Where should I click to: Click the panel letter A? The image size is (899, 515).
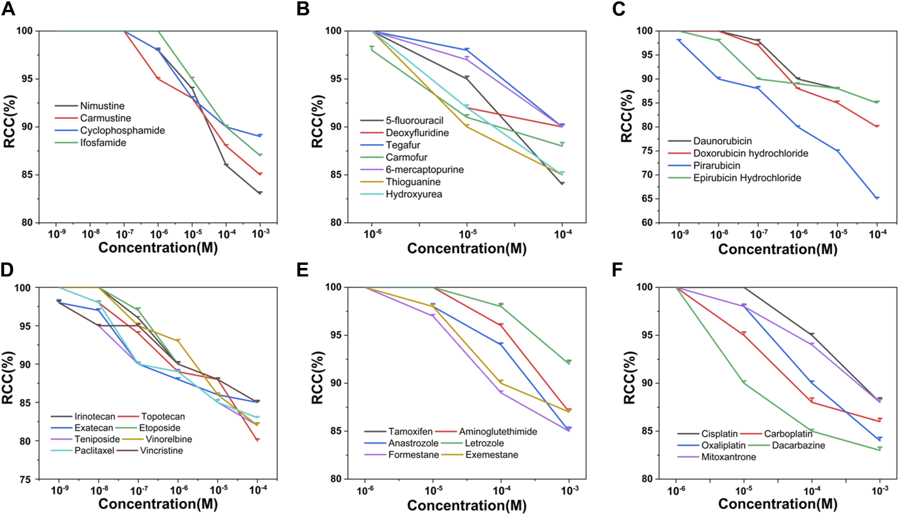pos(8,9)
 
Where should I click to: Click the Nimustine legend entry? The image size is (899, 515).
pos(102,106)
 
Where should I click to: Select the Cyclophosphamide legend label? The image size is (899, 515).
pos(122,130)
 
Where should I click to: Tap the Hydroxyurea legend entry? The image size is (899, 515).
pos(413,194)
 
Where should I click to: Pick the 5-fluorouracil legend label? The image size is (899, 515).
pos(414,121)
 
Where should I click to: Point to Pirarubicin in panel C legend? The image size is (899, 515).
pos(716,166)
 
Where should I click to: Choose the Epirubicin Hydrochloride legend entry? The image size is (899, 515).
pos(747,178)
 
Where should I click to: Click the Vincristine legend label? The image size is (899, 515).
pos(161,451)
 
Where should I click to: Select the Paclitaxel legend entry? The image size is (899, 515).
pos(94,451)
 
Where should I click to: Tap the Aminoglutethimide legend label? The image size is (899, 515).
pos(498,432)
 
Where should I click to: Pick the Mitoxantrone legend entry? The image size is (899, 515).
pos(729,457)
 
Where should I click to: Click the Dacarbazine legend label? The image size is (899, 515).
pos(799,445)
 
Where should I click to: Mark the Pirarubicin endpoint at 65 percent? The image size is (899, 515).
pos(877,198)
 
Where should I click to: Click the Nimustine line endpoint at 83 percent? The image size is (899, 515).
pos(260,193)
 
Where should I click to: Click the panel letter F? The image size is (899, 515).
pos(617,270)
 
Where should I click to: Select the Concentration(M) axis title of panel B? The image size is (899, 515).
pos(466,248)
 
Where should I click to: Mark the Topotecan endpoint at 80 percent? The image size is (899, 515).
pos(257,440)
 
